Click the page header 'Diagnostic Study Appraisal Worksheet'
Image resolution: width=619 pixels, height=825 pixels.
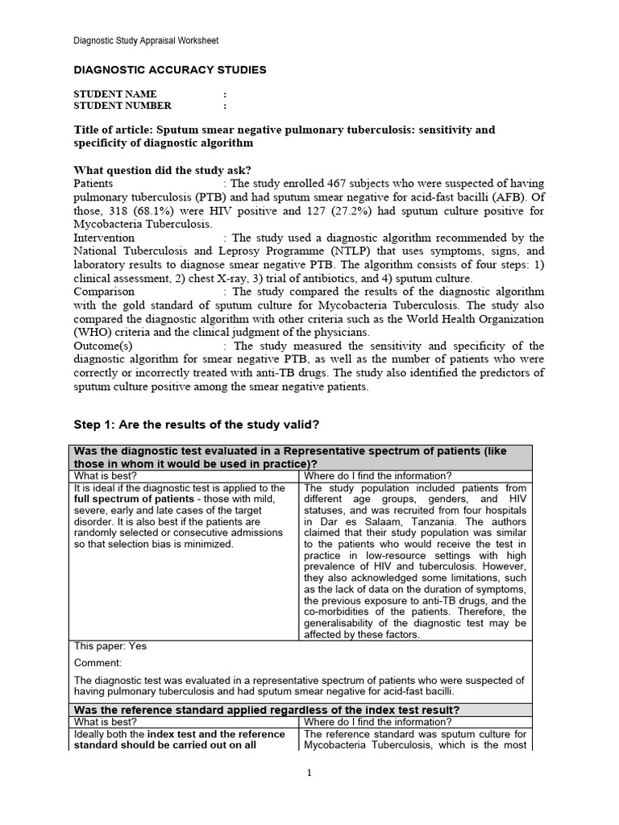(146, 40)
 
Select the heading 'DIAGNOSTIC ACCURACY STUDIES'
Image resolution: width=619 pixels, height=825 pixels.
(170, 70)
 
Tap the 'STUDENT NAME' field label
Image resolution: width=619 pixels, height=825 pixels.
(115, 94)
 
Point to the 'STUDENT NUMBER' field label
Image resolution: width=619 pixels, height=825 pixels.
(123, 106)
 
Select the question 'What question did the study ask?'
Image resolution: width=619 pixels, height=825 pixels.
(162, 170)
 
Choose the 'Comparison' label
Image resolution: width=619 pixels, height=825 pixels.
(104, 292)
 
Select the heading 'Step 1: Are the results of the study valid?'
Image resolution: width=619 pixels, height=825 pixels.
(198, 424)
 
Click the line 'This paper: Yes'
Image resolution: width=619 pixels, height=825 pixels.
(110, 646)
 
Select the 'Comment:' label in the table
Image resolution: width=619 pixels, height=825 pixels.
(98, 663)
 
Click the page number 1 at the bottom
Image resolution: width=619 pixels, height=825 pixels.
(309, 773)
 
